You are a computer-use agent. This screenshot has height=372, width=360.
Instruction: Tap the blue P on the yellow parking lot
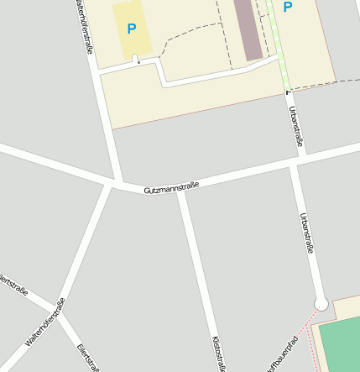[x=131, y=29]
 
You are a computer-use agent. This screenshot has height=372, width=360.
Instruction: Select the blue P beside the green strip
[x=288, y=8]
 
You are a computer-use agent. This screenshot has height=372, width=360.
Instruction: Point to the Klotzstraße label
[x=217, y=354]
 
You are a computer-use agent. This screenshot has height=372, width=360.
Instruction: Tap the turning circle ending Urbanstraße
[x=320, y=304]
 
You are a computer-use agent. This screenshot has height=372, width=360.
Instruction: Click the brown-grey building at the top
[x=248, y=29]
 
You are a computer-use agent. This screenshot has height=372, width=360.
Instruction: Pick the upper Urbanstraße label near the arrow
[x=295, y=125]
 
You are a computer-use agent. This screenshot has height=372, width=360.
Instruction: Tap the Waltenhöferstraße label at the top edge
[x=84, y=25]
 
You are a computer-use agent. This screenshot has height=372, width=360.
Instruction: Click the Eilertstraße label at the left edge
[x=14, y=286]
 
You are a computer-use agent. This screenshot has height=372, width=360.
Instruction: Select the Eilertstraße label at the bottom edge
[x=89, y=358]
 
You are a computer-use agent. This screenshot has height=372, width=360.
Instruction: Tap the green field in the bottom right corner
[x=341, y=344]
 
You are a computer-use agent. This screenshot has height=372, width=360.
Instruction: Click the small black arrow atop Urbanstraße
[x=288, y=91]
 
